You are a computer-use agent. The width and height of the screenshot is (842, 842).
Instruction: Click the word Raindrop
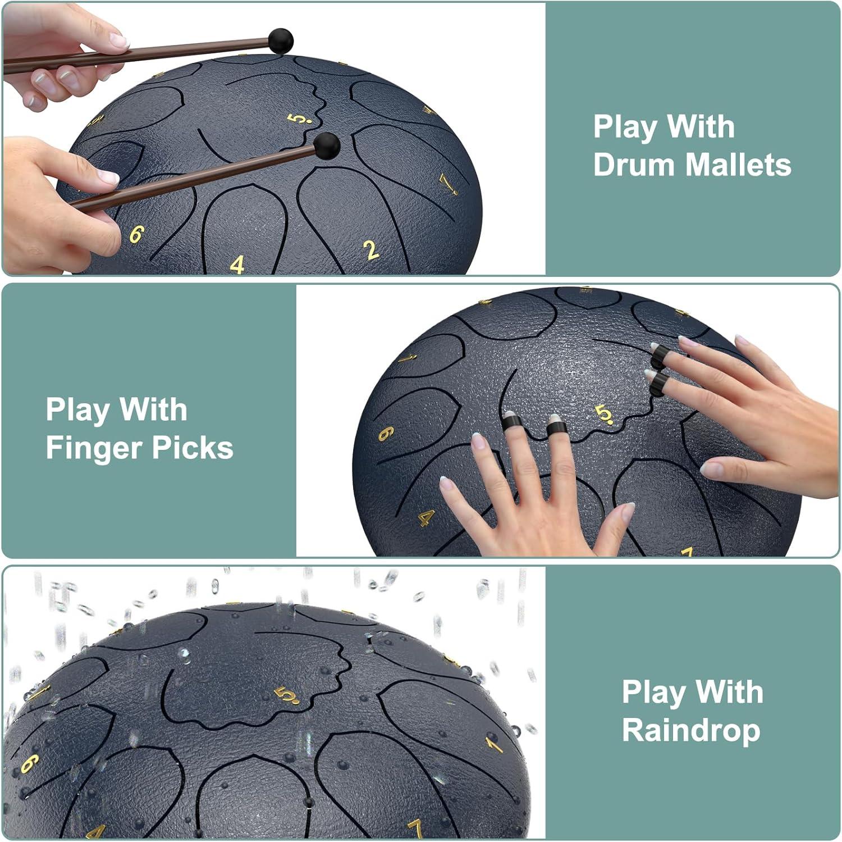(x=691, y=730)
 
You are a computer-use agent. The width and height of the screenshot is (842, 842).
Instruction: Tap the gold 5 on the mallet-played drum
(x=299, y=119)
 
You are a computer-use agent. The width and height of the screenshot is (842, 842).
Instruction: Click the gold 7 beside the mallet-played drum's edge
(x=447, y=184)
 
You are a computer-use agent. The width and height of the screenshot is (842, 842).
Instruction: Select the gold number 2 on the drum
(x=370, y=251)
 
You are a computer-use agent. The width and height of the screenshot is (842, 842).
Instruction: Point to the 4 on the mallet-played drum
(x=237, y=265)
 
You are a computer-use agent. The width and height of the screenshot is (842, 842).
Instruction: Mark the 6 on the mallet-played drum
(x=136, y=234)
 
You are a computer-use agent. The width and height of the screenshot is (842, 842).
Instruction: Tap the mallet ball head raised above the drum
(x=280, y=41)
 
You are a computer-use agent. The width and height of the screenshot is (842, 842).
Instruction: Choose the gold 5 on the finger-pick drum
(x=603, y=415)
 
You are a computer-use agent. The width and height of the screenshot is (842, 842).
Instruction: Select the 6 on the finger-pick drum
(x=386, y=433)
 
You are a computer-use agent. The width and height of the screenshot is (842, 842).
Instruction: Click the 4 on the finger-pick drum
(x=427, y=518)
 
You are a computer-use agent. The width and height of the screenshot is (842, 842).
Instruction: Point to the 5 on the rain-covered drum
(x=287, y=695)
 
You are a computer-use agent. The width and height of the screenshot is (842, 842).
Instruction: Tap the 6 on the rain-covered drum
(x=30, y=763)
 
